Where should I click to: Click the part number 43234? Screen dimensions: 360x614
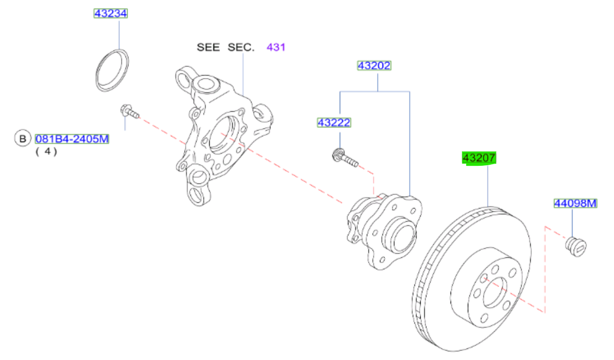click(111, 14)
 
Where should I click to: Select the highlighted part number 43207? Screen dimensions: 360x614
click(479, 158)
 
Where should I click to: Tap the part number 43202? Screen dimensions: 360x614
click(374, 66)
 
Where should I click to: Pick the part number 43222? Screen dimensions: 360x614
click(334, 123)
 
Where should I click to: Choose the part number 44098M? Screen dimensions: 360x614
click(574, 204)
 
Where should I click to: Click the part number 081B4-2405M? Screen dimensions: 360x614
click(72, 139)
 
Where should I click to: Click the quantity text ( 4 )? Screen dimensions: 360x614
click(47, 152)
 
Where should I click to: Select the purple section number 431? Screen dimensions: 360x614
click(276, 47)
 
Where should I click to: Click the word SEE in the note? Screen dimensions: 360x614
click(208, 47)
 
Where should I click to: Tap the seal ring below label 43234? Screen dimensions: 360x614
click(113, 69)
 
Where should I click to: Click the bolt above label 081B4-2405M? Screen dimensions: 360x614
click(129, 112)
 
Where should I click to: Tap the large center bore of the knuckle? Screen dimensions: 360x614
click(222, 133)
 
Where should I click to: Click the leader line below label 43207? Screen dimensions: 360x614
click(487, 186)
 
